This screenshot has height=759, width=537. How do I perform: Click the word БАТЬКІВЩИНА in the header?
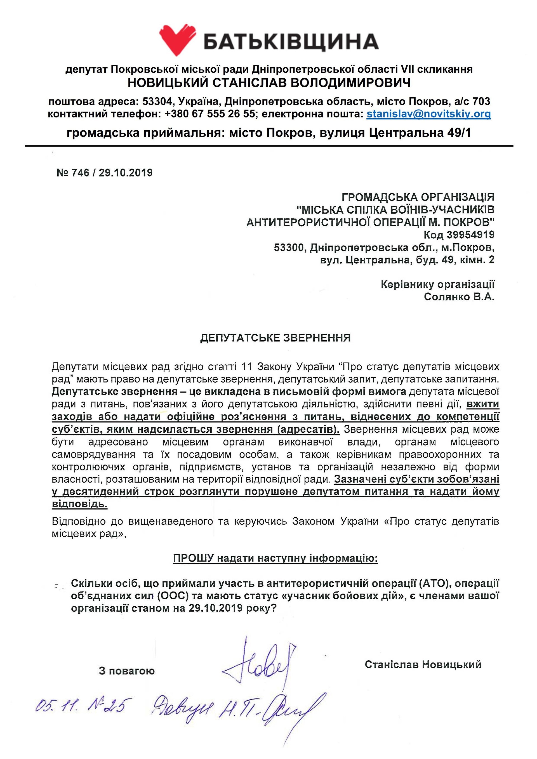click(x=291, y=42)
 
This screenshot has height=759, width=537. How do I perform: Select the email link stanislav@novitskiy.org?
click(x=428, y=114)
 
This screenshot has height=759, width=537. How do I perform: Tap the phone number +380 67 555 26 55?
click(x=210, y=114)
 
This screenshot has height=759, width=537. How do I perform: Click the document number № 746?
click(x=73, y=173)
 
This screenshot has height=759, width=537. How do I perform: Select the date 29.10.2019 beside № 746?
click(x=126, y=173)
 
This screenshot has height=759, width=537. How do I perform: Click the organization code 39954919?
click(x=470, y=235)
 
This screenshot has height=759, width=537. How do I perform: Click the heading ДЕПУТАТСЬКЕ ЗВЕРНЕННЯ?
click(x=275, y=338)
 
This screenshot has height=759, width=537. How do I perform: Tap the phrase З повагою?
click(x=127, y=671)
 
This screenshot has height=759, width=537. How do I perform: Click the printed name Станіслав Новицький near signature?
click(x=423, y=664)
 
